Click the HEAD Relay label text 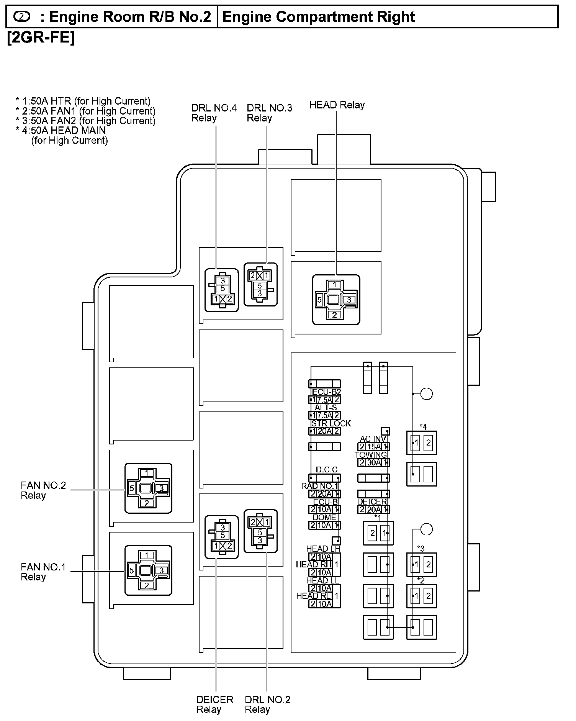[337, 105]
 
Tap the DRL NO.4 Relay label [214, 113]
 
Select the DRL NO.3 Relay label [269, 113]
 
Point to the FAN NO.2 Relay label [43, 490]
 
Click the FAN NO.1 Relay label [43, 572]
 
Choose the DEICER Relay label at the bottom [214, 705]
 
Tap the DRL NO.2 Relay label [267, 705]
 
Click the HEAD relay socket [336, 300]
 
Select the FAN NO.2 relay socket [148, 488]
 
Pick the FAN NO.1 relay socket [148, 570]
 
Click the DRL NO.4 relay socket [222, 290]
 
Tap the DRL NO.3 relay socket [260, 284]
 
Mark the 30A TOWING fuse [373, 462]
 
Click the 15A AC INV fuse [373, 447]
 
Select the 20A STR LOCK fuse [324, 431]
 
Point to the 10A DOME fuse [324, 525]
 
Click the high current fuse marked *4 [421, 443]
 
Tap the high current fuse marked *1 [378, 533]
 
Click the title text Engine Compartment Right [318, 17]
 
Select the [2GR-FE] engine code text [41, 38]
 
